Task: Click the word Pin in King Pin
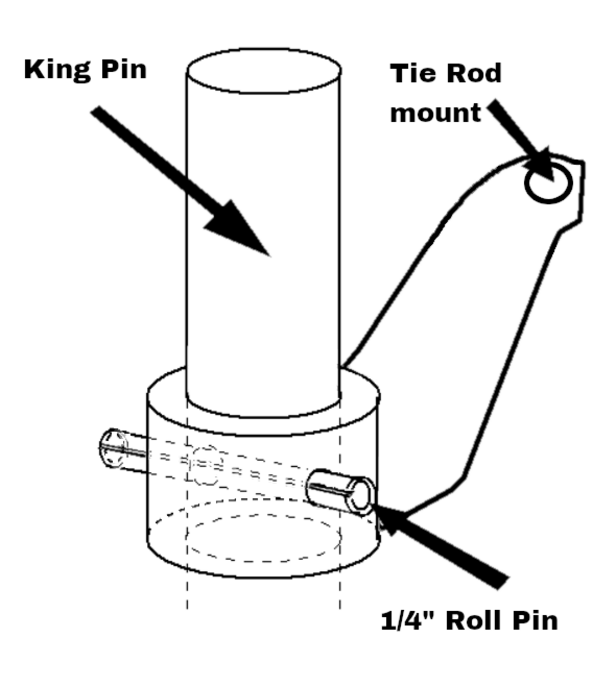124,69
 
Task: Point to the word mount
435,113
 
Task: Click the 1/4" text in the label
408,621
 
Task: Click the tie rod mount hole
548,183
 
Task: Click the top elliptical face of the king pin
264,71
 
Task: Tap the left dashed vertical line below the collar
188,594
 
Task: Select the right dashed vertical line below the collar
340,594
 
